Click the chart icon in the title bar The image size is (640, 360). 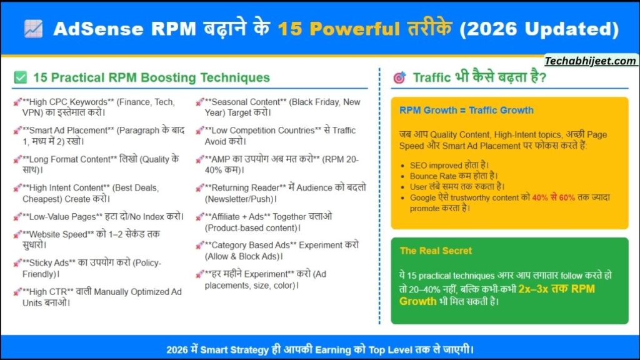coord(32,29)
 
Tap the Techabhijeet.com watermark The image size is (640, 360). coord(591,61)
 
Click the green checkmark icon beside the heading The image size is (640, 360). coord(21,78)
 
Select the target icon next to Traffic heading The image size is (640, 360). coord(399,78)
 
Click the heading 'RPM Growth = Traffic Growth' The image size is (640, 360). coord(466,111)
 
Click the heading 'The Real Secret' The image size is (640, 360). coord(436,251)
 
